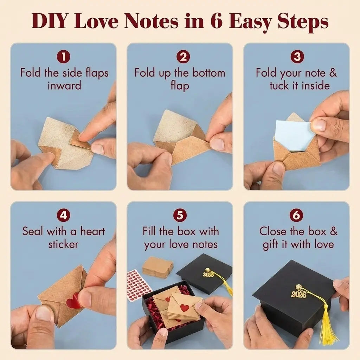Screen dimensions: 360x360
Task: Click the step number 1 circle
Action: [64, 57]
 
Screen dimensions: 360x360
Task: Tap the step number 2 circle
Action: [183, 57]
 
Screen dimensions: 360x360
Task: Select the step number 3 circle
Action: [297, 57]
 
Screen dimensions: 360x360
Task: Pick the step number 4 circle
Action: [64, 216]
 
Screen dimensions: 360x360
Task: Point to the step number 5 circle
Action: [180, 216]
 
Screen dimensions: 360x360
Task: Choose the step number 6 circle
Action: [296, 216]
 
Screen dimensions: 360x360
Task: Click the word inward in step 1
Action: [65, 86]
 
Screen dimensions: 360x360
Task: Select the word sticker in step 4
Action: [63, 244]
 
